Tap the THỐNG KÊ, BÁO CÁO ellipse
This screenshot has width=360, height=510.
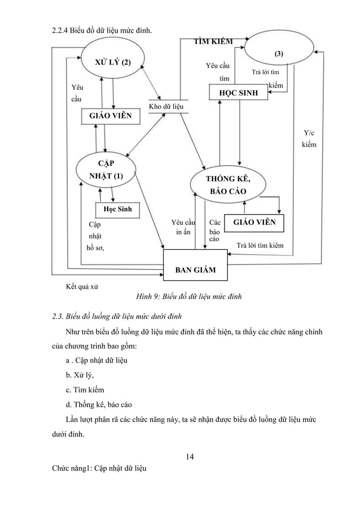(228, 185)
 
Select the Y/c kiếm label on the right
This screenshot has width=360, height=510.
(309, 139)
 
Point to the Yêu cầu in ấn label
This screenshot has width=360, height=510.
(183, 227)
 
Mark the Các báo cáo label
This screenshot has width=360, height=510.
(214, 231)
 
